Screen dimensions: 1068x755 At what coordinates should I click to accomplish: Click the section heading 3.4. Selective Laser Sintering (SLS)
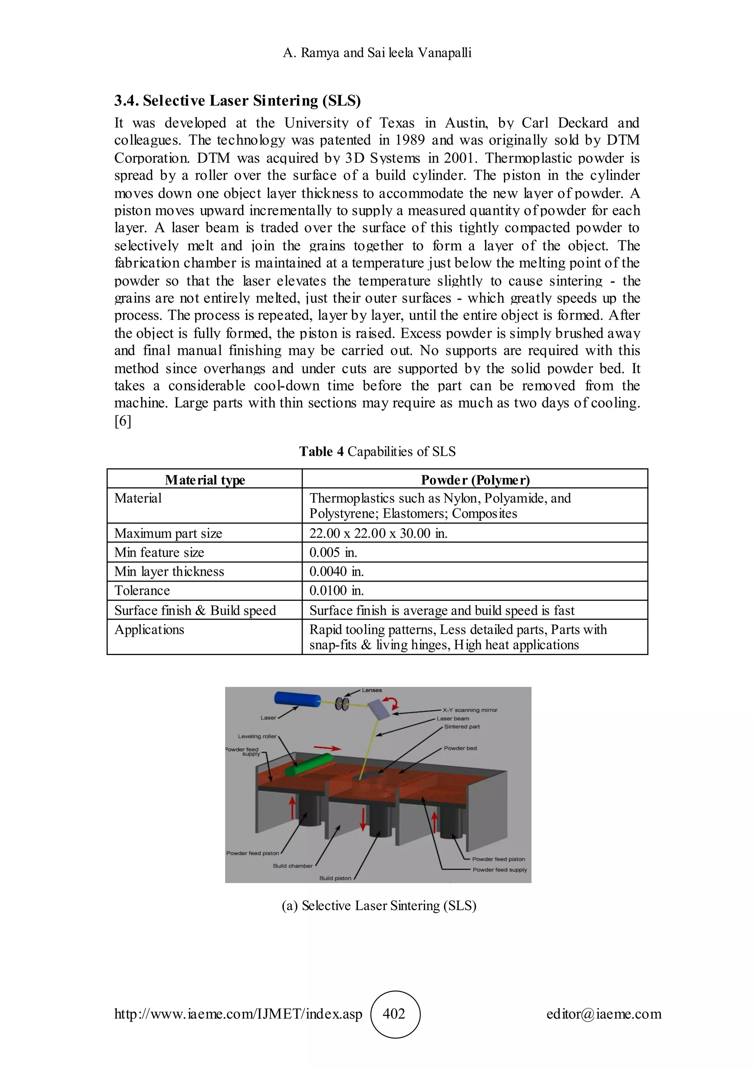[237, 100]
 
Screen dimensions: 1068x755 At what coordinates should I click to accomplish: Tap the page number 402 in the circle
[394, 1013]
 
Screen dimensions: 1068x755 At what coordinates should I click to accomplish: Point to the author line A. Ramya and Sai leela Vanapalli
[377, 53]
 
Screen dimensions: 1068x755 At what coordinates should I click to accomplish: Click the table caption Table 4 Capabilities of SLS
[377, 452]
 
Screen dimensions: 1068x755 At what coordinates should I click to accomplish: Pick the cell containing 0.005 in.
[333, 552]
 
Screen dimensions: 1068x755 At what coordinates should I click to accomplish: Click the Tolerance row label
[142, 591]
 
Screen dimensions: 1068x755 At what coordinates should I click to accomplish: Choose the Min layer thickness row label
[169, 572]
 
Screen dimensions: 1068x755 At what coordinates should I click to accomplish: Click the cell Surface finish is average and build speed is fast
[442, 610]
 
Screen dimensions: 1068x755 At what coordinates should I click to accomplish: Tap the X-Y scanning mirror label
[470, 710]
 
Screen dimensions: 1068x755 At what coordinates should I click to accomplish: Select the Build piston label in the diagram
[335, 878]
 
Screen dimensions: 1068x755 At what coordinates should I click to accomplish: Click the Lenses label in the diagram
[372, 690]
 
